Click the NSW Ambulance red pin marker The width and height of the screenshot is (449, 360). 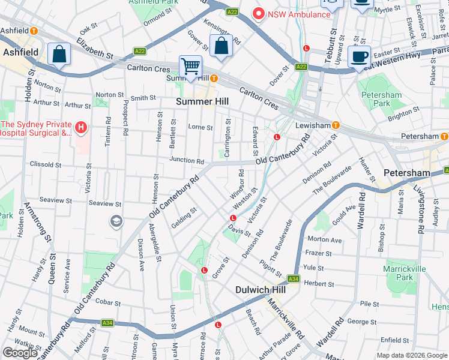tap(259, 13)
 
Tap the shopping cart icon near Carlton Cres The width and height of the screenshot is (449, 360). tap(191, 66)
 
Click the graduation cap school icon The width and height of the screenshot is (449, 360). tap(115, 222)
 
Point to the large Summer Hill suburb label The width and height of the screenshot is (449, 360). tap(202, 101)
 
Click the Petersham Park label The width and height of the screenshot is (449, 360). tap(375, 99)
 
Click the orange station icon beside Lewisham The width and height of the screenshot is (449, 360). tap(336, 125)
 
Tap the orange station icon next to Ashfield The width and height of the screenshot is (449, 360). tap(34, 31)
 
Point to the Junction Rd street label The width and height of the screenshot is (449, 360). tap(186, 161)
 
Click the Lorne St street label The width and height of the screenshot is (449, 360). tap(200, 127)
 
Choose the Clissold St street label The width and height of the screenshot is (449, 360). tap(46, 164)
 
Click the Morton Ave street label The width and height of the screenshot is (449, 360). tap(324, 240)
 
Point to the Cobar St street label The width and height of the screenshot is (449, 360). tap(108, 302)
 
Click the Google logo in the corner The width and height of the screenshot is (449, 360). tap(20, 353)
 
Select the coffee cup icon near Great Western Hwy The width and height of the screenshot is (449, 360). tap(359, 57)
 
